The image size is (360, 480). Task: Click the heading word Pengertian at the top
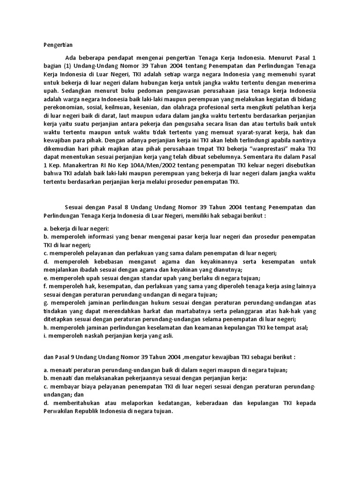55,45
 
